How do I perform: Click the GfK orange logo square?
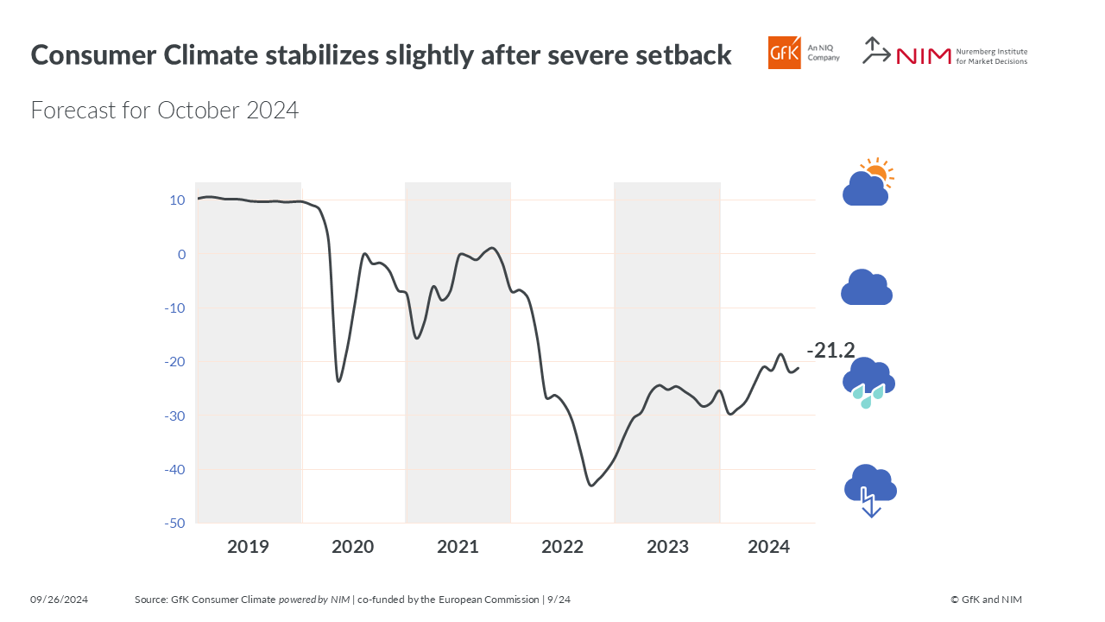784,53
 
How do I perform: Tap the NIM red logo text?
923,56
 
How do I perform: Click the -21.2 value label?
830,350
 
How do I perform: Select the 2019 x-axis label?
248,547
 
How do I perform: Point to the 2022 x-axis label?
563,547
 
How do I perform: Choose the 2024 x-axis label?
768,547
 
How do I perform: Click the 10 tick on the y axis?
177,200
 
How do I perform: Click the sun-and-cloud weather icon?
868,182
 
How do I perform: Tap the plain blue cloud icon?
867,288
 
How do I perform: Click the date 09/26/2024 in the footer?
60,600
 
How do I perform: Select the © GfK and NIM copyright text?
986,600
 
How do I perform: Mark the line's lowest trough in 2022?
591,486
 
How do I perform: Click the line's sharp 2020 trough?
338,381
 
